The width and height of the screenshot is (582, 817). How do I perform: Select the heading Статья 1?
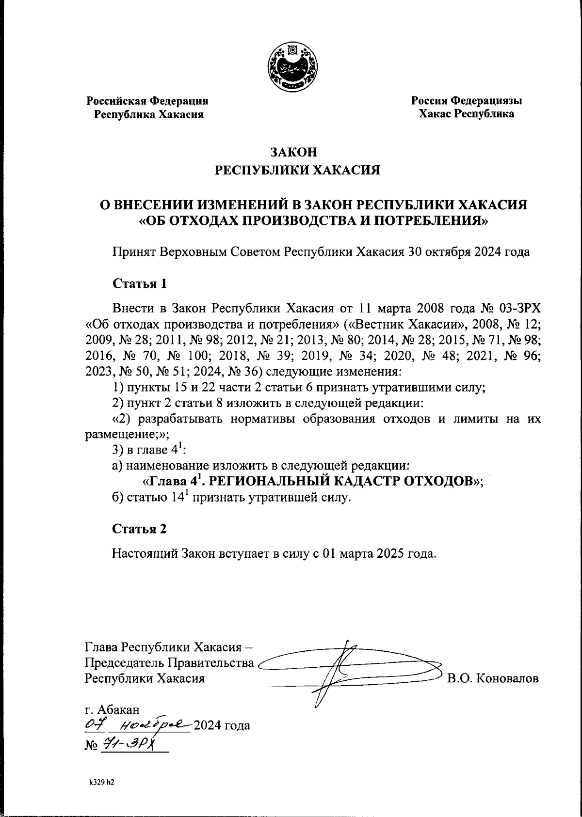pos(140,283)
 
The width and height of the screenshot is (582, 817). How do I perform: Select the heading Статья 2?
pos(140,529)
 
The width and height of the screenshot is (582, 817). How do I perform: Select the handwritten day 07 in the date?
pos(92,725)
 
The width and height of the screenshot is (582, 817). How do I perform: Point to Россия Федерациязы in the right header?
pos(467,101)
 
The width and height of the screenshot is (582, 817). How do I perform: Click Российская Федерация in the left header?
pos(147,101)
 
